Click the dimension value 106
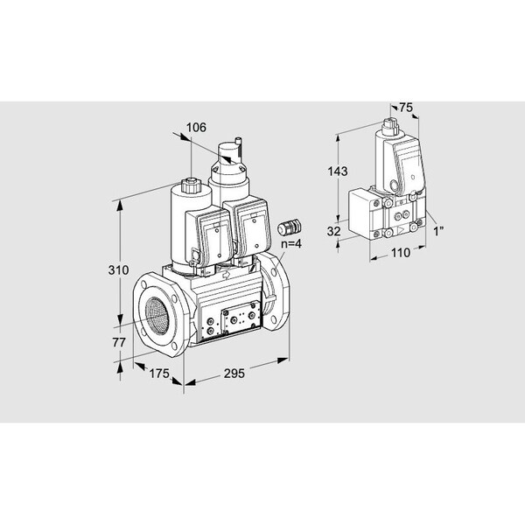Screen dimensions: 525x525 tap(196, 128)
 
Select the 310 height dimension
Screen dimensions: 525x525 tap(118, 269)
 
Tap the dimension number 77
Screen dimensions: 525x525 tap(119, 342)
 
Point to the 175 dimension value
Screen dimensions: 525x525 tap(159, 374)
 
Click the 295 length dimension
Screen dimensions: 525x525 tap(234, 374)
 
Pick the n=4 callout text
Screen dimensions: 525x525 tap(291, 243)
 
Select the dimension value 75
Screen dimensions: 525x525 tap(406, 108)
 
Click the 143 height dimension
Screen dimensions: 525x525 tap(338, 171)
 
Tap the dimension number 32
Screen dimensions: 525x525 tap(333, 231)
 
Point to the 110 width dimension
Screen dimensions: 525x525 tap(401, 253)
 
